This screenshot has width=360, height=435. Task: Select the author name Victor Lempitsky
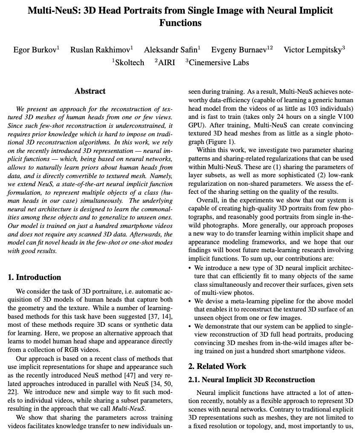tap(313, 50)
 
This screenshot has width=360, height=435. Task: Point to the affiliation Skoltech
tap(129, 62)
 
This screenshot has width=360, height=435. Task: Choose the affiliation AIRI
tap(166, 62)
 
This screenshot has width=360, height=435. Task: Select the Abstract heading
tap(90, 91)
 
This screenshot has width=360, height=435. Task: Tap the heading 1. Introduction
tap(35, 277)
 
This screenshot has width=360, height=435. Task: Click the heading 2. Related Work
tap(217, 366)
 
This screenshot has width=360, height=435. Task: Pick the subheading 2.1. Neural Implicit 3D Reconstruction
tap(252, 380)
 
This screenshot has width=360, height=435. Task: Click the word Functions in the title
tap(180, 23)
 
